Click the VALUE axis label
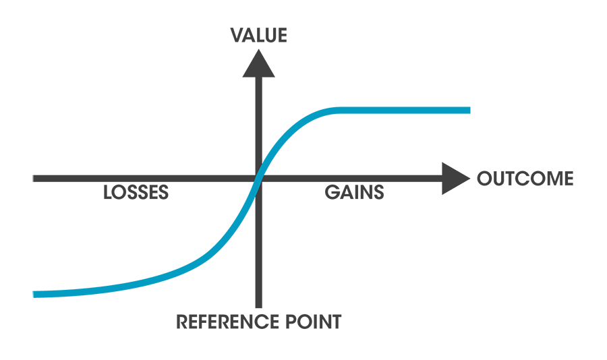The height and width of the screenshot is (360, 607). tap(259, 35)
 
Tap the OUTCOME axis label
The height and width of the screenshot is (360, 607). tap(525, 179)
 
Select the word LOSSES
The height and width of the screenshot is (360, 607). tap(136, 193)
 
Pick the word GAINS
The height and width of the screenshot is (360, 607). tap(354, 193)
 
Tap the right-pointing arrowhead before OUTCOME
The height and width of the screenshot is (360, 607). tap(455, 179)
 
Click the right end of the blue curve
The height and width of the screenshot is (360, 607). tap(467, 110)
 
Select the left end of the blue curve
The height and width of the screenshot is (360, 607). tap(34, 294)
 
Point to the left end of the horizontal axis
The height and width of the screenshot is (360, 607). tap(34, 179)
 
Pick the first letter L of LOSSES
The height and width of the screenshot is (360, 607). tap(108, 193)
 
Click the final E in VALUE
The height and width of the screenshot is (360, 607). tap(281, 35)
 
